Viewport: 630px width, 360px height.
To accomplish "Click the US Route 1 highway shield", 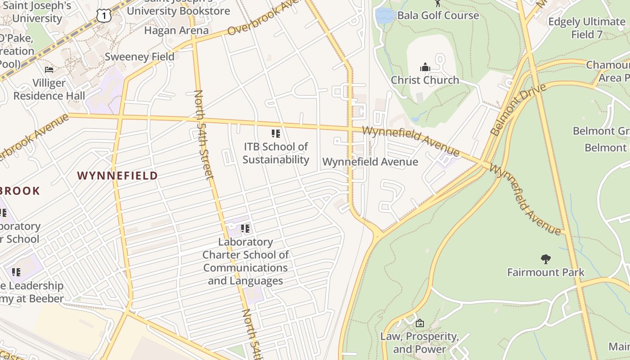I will pyautogui.click(x=103, y=16).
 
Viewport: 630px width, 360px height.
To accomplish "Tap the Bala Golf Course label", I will pyautogui.click(x=438, y=15).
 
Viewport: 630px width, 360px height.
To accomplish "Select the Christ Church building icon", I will pyautogui.click(x=425, y=67).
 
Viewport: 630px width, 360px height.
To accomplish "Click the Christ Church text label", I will pyautogui.click(x=425, y=80).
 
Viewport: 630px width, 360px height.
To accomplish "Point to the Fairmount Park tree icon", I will pyautogui.click(x=545, y=259).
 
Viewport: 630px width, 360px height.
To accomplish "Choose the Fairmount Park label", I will pyautogui.click(x=545, y=272).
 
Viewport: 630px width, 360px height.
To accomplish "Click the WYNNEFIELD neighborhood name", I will pyautogui.click(x=117, y=175).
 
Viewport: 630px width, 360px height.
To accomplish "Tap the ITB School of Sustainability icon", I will pyautogui.click(x=275, y=133).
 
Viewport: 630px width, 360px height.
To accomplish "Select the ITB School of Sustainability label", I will pyautogui.click(x=276, y=153).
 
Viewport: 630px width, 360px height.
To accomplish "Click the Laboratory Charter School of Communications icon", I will pyautogui.click(x=245, y=229).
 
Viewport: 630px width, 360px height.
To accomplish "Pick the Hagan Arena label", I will pyautogui.click(x=176, y=31).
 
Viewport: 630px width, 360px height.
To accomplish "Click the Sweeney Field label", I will pyautogui.click(x=139, y=57).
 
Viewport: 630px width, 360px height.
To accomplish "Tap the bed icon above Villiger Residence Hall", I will pyautogui.click(x=49, y=70).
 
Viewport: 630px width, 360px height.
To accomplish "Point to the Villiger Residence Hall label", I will pyautogui.click(x=49, y=90).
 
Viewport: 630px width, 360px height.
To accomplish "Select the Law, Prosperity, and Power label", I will pyautogui.click(x=419, y=342).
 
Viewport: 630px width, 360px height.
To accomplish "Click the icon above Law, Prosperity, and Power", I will pyautogui.click(x=419, y=323).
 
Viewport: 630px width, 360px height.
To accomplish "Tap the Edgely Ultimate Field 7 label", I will pyautogui.click(x=587, y=28).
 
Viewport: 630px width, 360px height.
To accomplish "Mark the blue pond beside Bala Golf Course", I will pyautogui.click(x=383, y=16).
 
